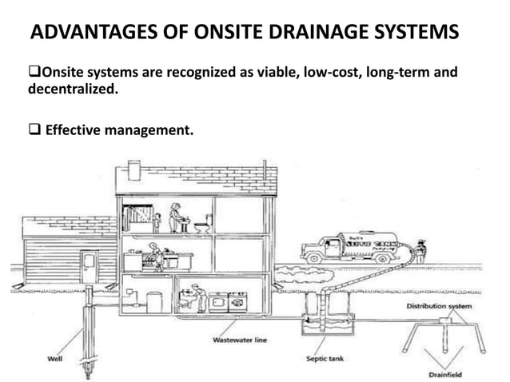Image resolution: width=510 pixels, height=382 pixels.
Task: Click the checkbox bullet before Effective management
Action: point(35,125)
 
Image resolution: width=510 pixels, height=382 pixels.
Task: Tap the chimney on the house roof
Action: point(135,169)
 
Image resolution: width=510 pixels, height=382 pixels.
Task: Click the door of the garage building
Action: point(89,266)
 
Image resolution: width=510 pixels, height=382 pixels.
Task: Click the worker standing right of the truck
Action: point(421,252)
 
